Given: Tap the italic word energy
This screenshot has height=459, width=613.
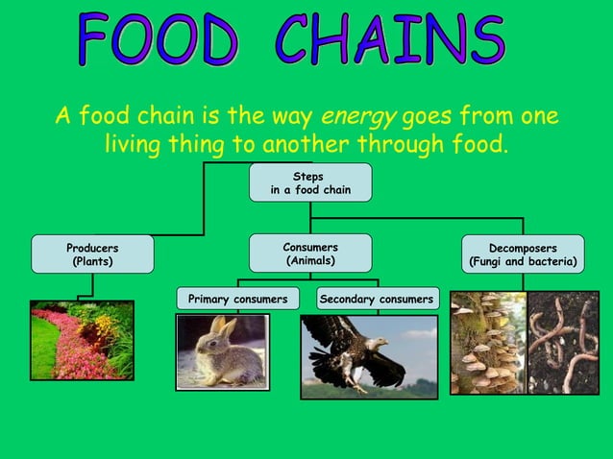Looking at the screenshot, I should click(357, 117).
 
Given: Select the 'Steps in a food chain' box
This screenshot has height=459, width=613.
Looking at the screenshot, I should click(309, 182).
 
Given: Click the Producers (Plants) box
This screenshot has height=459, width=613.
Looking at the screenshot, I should click(92, 254).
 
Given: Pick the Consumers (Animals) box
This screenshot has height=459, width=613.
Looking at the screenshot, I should click(309, 254).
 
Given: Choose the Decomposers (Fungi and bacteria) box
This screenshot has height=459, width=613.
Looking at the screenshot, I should click(523, 254).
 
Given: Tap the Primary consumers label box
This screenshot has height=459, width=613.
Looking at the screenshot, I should click(237, 300).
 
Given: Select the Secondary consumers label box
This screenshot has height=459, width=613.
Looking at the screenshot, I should click(377, 300).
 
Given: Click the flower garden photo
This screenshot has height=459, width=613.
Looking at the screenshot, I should click(82, 341).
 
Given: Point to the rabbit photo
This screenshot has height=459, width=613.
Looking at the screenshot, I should click(223, 351).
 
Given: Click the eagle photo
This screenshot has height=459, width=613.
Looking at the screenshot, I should click(369, 356).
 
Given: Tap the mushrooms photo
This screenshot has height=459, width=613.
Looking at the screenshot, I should click(488, 343).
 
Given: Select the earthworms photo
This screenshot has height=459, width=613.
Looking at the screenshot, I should click(563, 343).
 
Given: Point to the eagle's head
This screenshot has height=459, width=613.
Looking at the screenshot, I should click(378, 342).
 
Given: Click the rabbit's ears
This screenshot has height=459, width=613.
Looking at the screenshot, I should click(223, 326).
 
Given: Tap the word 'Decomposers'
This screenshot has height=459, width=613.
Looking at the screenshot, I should click(523, 248).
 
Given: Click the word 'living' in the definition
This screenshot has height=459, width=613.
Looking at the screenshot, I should click(135, 145).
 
